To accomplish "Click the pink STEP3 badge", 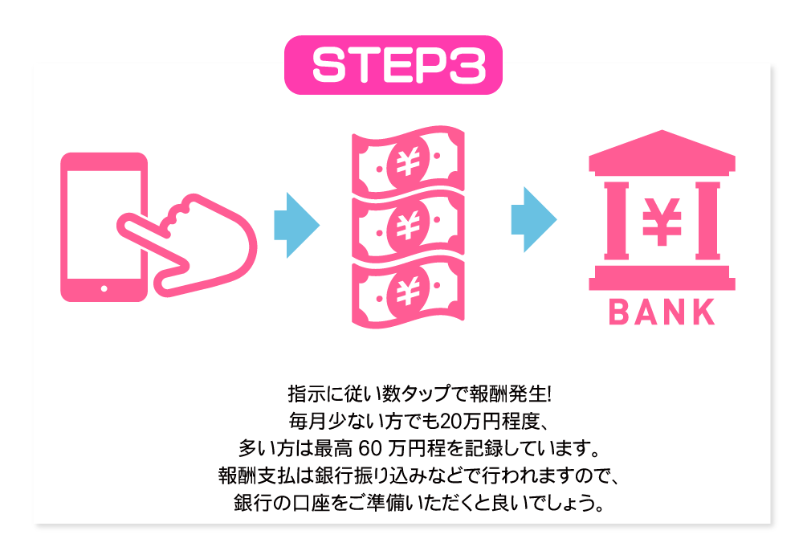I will point(393,65).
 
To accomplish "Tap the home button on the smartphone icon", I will point(104,288).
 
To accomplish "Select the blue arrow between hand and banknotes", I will point(296,224).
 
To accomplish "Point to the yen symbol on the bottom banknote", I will point(407,286).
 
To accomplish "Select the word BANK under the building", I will point(662,312).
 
